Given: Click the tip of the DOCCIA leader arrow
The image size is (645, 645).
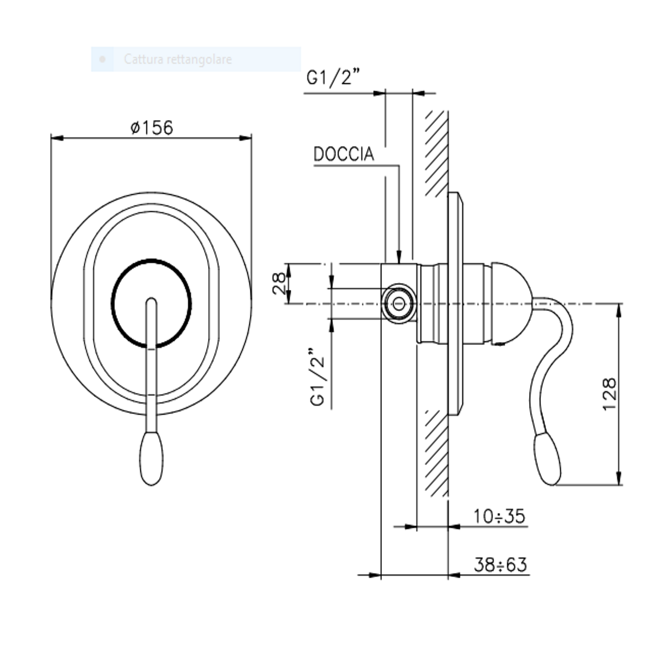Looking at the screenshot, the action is [x=399, y=263].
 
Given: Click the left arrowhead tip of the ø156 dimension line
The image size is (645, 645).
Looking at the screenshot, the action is [x=51, y=138].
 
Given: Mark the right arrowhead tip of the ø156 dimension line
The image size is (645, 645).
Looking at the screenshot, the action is [x=251, y=138].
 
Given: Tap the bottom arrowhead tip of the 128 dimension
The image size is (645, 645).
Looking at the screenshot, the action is [x=619, y=485].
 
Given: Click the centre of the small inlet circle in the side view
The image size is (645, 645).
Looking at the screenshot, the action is [x=399, y=303].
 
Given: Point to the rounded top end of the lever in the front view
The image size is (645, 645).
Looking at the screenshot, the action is [x=151, y=298].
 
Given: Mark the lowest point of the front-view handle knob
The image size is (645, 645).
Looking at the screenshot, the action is [x=151, y=485].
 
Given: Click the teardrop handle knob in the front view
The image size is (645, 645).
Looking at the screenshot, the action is [x=151, y=458].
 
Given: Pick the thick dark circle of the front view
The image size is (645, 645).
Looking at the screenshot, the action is [x=151, y=303].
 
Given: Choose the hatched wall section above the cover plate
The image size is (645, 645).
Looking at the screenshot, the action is [x=437, y=153].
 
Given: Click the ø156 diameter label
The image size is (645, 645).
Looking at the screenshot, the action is [x=152, y=127].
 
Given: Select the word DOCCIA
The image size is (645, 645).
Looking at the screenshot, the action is [x=343, y=154].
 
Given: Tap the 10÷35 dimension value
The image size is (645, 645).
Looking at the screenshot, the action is [x=499, y=516].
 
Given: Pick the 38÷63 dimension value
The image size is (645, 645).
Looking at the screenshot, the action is [x=500, y=565].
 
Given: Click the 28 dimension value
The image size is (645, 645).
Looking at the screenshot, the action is [x=279, y=283].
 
